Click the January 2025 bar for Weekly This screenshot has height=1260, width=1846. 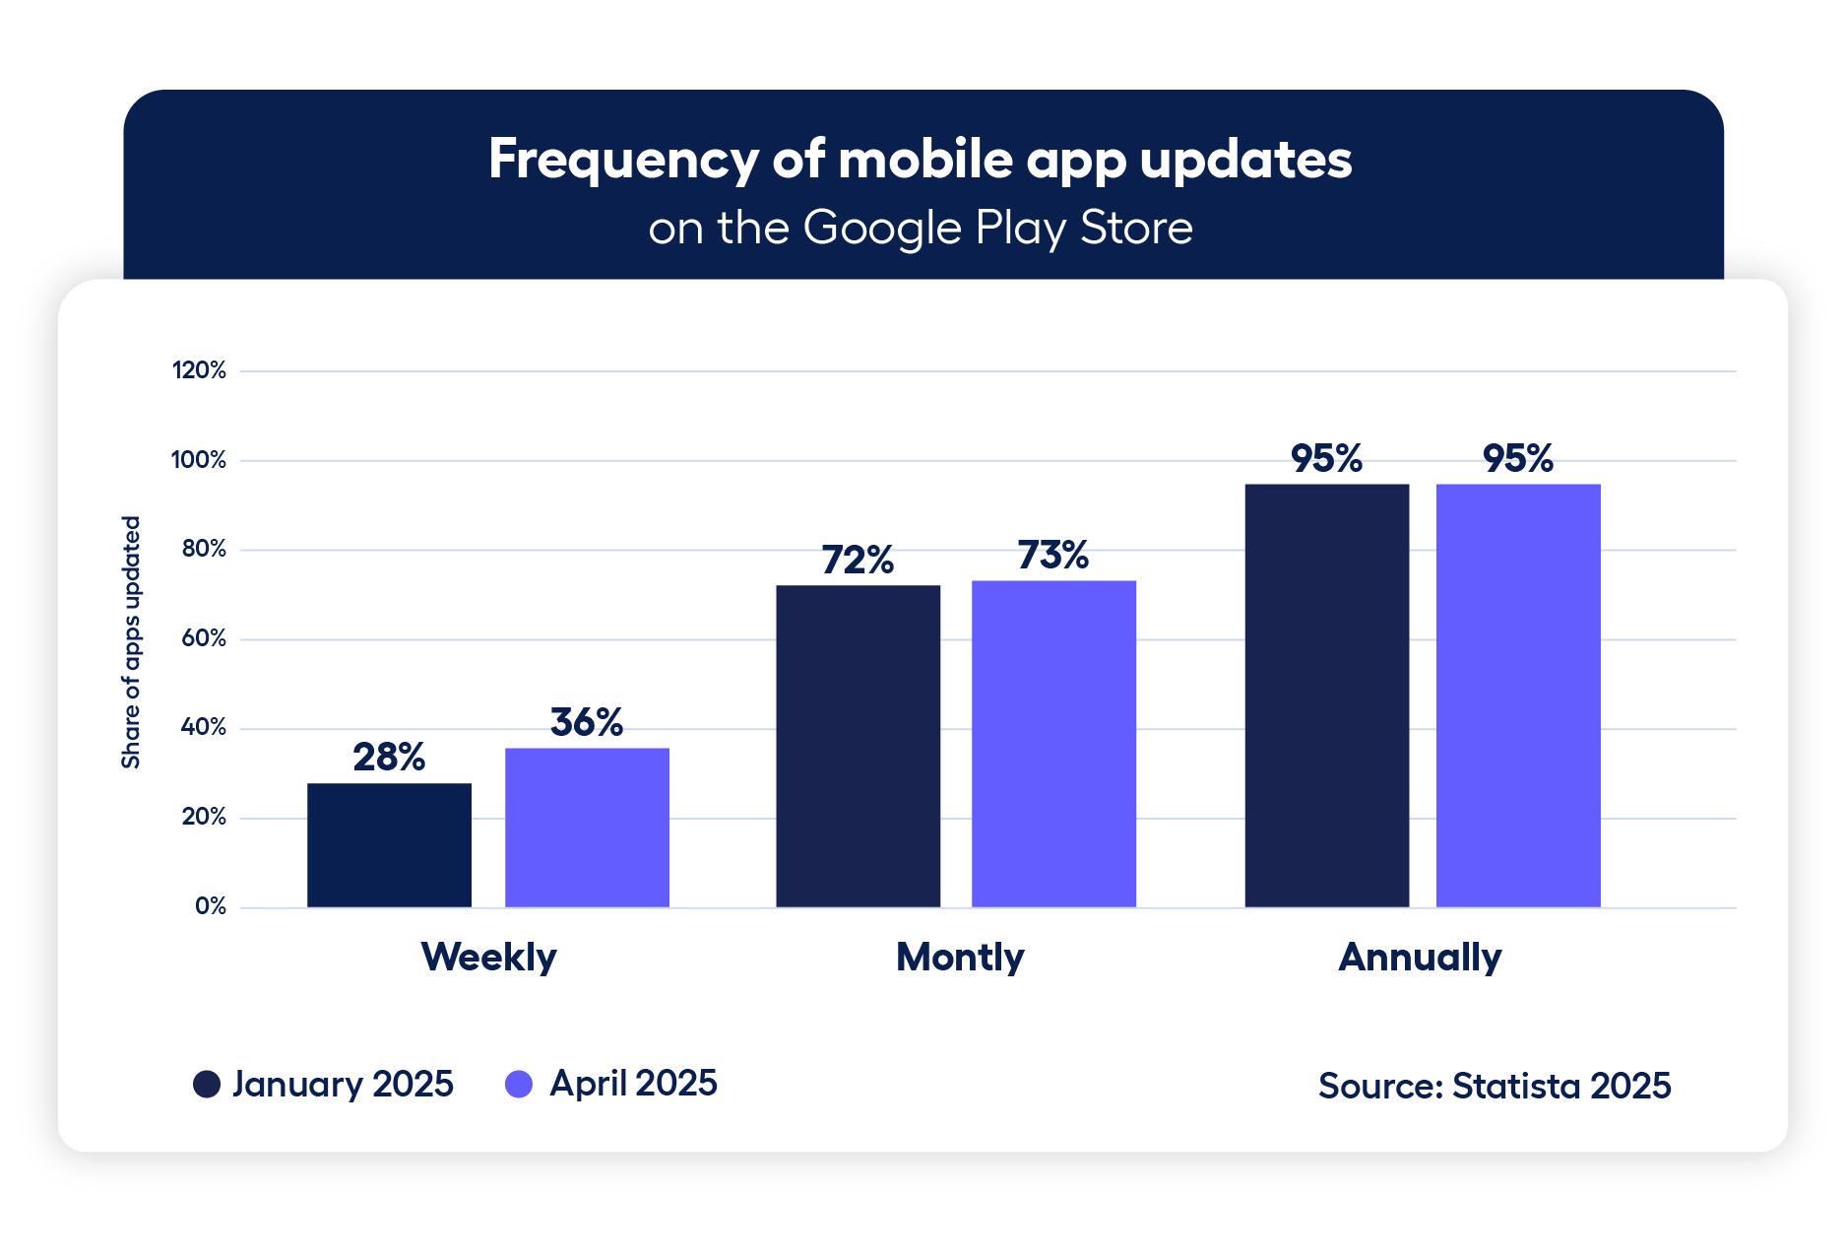coord(389,845)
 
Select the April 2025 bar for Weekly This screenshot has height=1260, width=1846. coord(587,828)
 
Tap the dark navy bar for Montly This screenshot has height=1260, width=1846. coord(858,746)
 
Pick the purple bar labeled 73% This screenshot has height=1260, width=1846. coord(1053,744)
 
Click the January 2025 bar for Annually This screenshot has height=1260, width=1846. coord(1326,695)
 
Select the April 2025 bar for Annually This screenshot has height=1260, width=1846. coord(1518,695)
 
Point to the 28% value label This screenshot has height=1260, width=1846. coord(389,758)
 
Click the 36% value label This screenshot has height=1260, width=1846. coord(587,723)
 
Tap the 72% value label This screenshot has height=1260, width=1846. coord(858,561)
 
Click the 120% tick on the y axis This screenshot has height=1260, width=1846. coord(199,370)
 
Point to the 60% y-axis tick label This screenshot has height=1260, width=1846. coord(204,638)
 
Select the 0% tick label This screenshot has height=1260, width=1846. coord(210,906)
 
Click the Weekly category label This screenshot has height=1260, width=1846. coord(488,957)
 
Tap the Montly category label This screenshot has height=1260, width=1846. coord(960,957)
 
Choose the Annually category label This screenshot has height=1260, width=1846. coord(1420,957)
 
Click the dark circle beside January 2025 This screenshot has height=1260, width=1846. coord(207,1085)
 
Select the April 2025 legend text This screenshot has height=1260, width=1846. coord(633,1084)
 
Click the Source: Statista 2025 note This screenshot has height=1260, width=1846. coord(1495,1086)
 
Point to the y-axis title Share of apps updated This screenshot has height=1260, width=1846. coord(131,641)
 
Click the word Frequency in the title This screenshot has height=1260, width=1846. coord(622,160)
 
